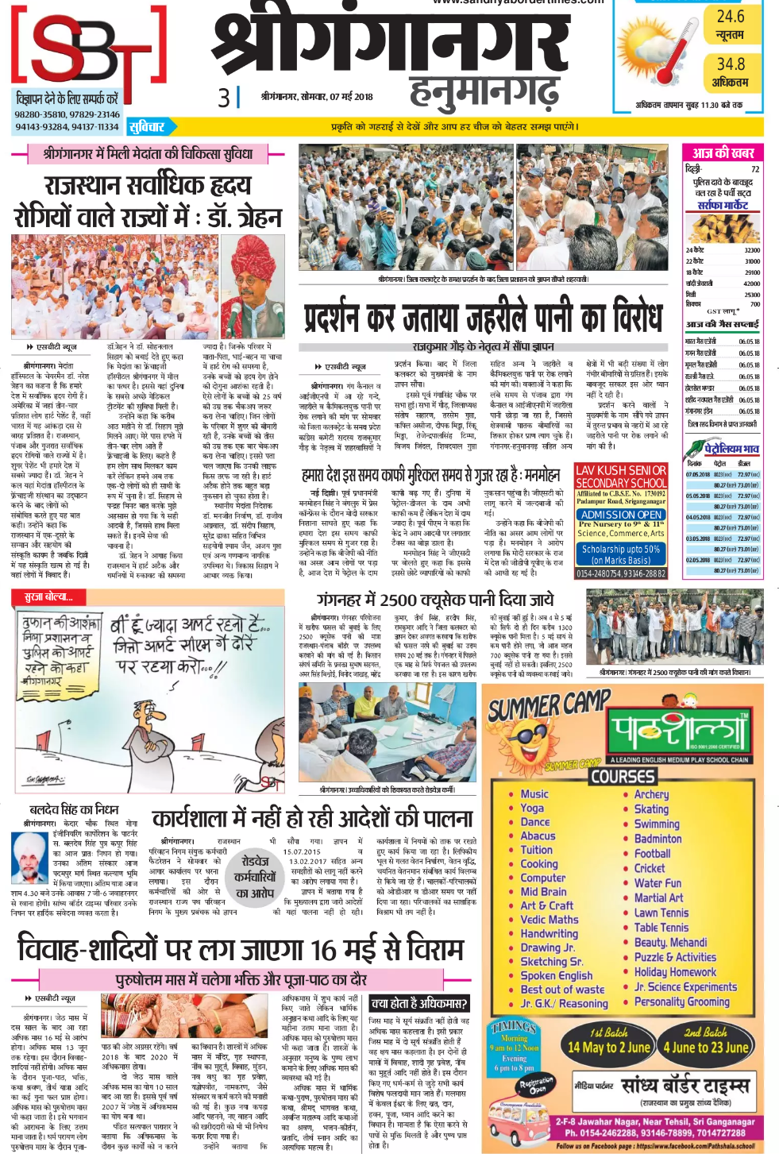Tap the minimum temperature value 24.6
click(730, 17)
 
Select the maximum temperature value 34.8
click(731, 64)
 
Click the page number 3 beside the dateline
click(224, 97)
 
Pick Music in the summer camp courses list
click(534, 793)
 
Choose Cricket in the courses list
click(650, 868)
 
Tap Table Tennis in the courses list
click(661, 927)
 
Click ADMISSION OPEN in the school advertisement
click(621, 515)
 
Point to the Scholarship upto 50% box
click(621, 554)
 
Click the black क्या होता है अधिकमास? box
click(419, 1003)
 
